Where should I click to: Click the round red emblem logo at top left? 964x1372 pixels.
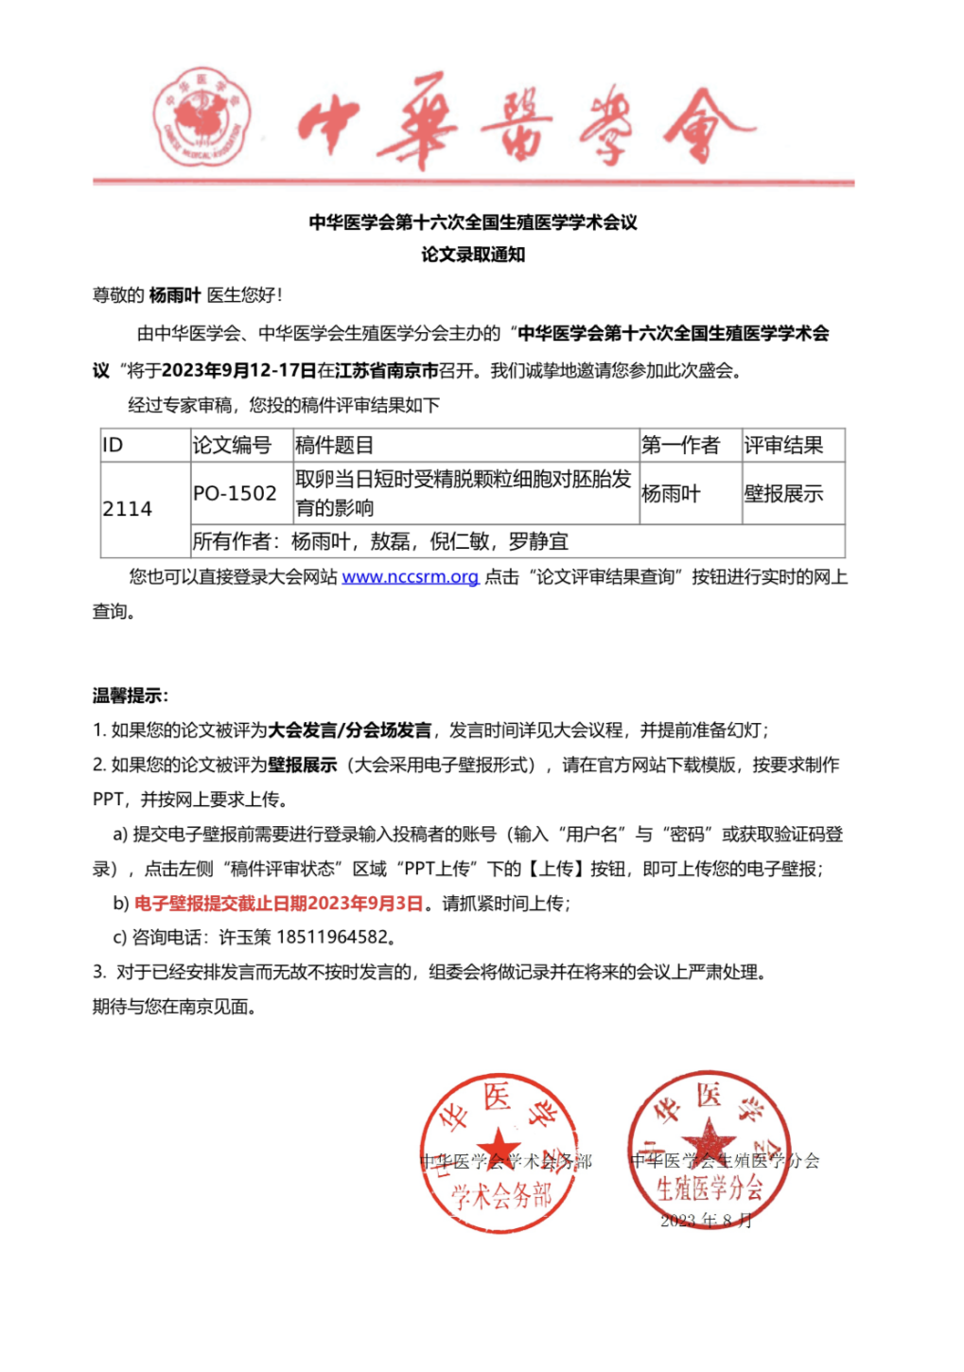pos(202,118)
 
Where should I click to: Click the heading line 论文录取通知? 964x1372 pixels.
pos(473,255)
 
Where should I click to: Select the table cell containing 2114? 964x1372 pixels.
pos(128,509)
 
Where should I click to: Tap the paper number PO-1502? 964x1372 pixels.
pos(235,493)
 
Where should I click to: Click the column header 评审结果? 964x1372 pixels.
pos(783,445)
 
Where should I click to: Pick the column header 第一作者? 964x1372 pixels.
pos(680,445)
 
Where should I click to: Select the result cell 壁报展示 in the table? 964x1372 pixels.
pos(783,493)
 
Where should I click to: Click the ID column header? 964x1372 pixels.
pos(113,445)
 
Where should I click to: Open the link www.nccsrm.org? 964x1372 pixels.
pos(410,576)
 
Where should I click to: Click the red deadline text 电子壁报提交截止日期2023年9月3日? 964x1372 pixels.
pos(278,903)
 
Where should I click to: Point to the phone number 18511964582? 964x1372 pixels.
pos(332,938)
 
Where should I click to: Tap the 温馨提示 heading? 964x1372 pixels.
pos(130,695)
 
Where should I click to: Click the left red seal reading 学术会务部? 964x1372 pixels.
pos(499,1152)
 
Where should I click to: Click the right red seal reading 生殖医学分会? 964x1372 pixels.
pos(709,1150)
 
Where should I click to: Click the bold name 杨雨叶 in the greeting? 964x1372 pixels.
pos(175,295)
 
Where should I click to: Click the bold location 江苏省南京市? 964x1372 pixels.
pos(386,370)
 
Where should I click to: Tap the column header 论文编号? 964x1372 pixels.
pos(232,445)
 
